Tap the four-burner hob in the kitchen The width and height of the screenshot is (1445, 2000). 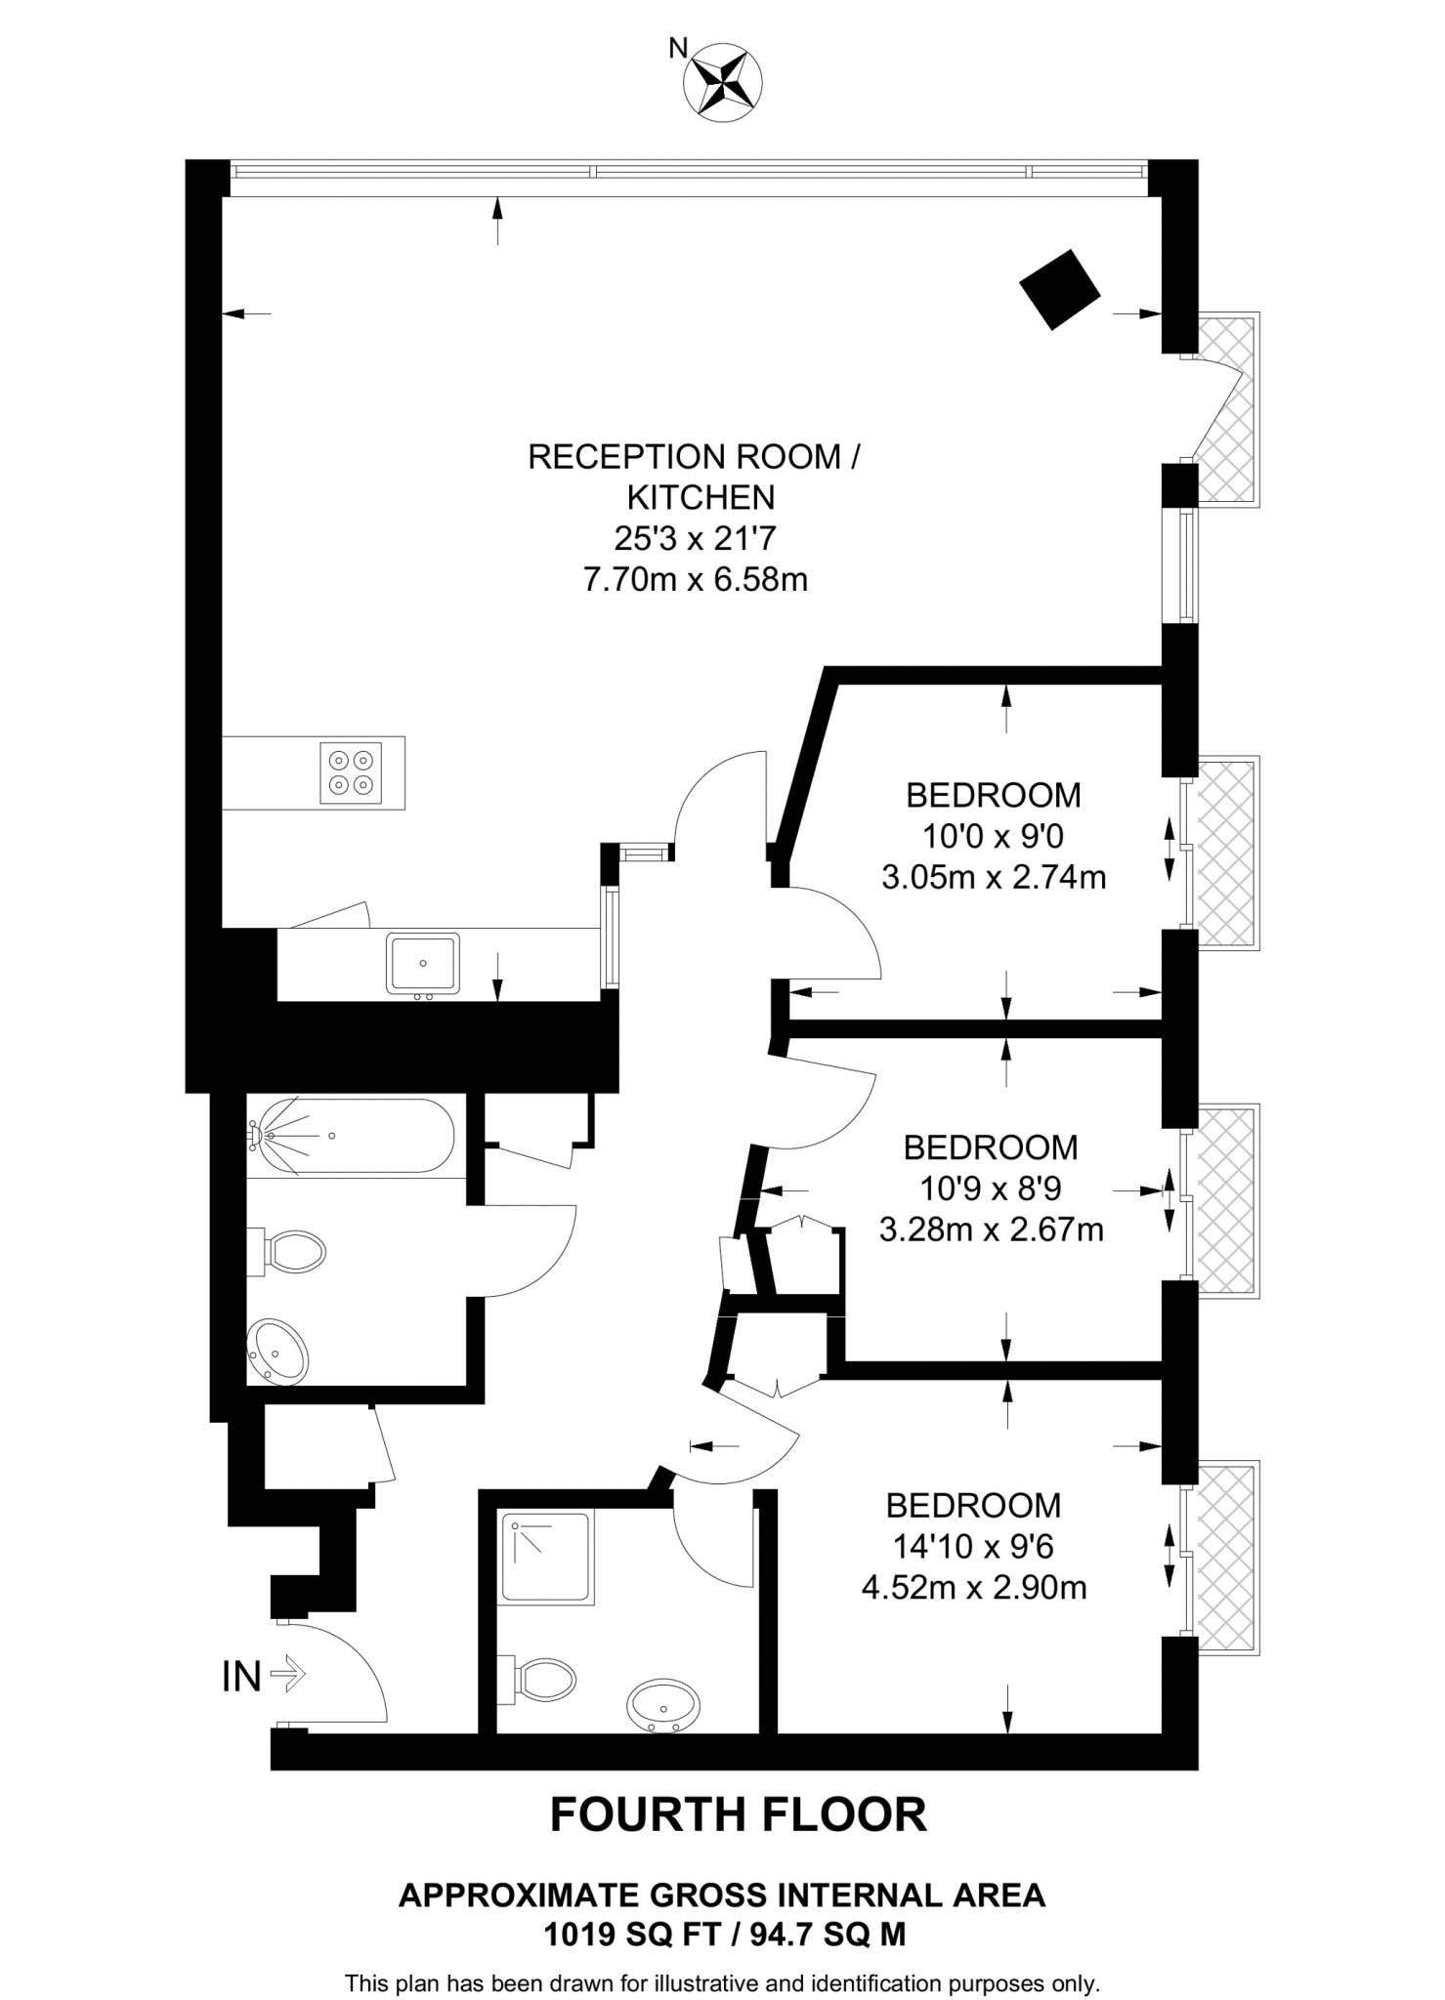click(351, 772)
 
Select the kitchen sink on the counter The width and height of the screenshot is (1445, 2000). click(423, 963)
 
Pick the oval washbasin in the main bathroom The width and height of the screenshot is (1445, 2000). click(278, 1353)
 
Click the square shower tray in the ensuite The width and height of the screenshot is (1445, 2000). click(546, 1558)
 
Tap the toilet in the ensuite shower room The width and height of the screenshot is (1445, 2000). click(540, 1680)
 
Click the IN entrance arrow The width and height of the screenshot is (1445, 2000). click(288, 1677)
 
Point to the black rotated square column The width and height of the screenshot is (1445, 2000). click(1060, 289)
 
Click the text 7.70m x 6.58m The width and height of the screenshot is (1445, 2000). click(695, 580)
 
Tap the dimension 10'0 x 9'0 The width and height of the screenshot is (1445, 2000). click(993, 836)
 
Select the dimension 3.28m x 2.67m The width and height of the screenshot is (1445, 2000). click(991, 1229)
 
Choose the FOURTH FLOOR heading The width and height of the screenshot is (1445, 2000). click(738, 1814)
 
